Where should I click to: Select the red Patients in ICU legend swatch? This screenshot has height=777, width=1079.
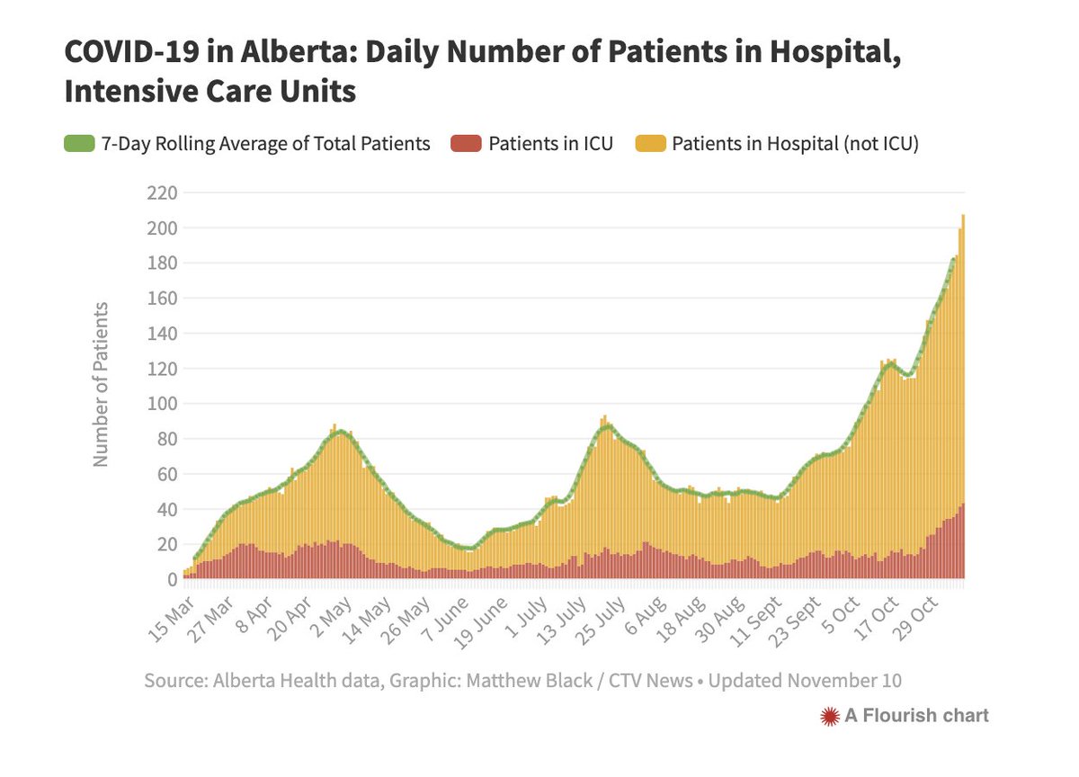point(465,144)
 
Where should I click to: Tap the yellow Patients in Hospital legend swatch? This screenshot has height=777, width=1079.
point(650,144)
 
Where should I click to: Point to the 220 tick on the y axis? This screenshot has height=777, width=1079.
point(163,192)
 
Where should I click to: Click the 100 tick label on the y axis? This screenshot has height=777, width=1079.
point(163,404)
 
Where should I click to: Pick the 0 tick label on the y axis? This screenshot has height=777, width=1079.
point(170,580)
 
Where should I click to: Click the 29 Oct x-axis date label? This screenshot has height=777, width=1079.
point(915,619)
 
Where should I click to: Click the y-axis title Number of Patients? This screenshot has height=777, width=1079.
point(101,384)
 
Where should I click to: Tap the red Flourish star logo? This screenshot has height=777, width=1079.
point(829,716)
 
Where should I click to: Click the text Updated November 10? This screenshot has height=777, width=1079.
point(805,681)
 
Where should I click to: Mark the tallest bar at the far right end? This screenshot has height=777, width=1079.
point(963,396)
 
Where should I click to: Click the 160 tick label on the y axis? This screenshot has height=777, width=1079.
point(163,299)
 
